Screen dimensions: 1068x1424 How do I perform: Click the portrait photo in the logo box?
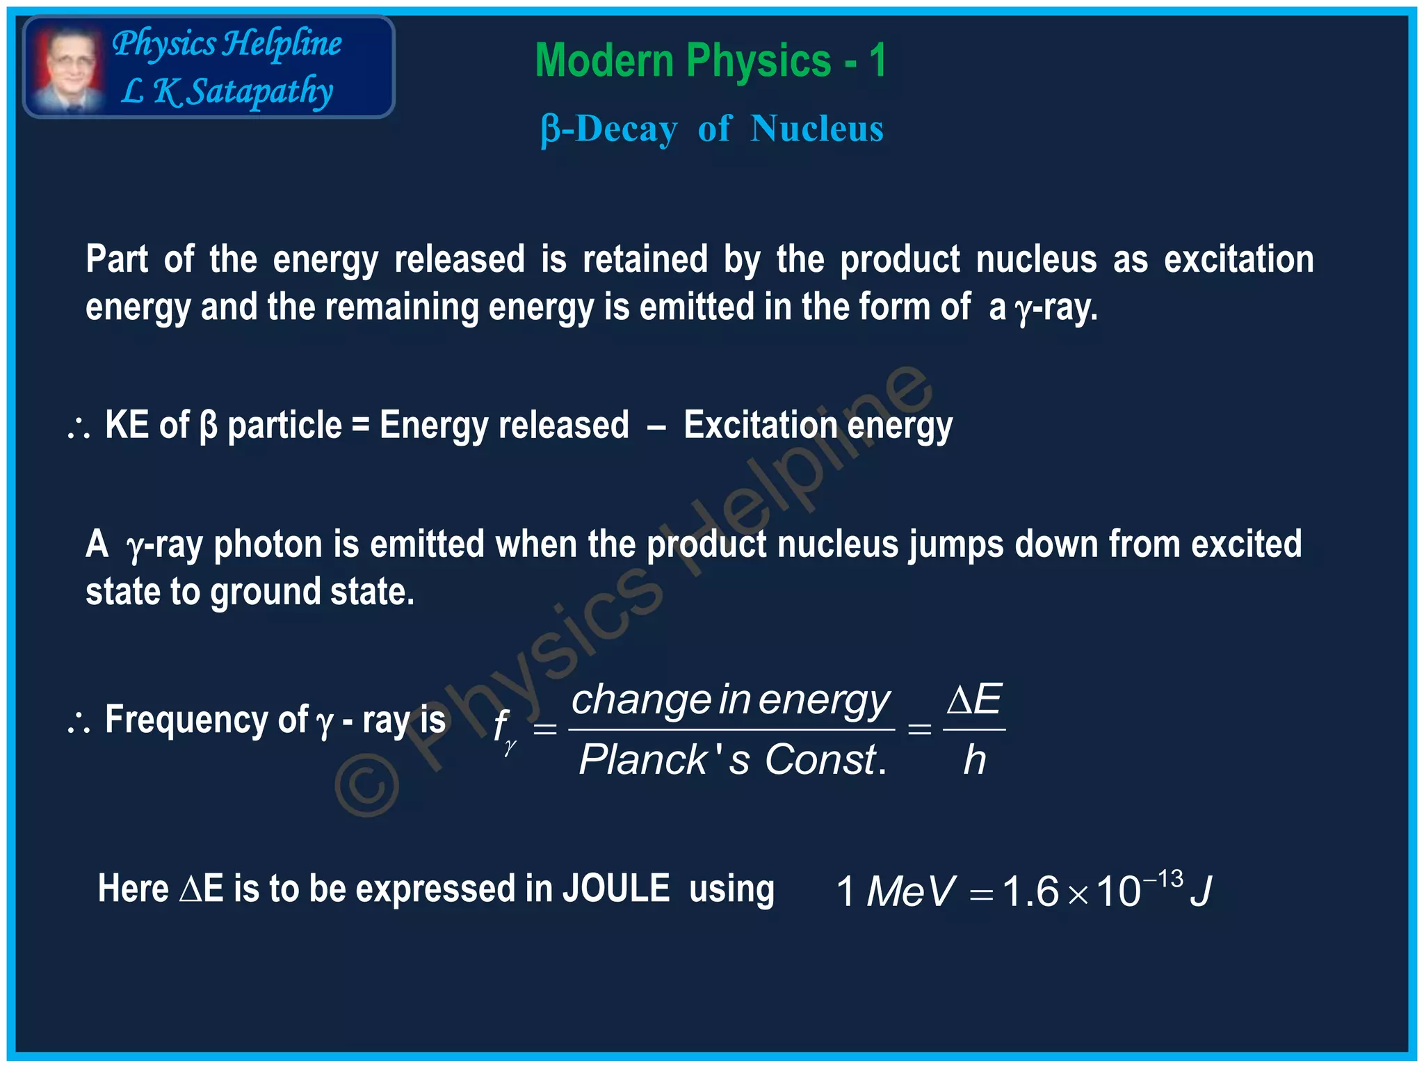point(67,68)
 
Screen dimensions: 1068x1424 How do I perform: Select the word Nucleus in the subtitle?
point(816,129)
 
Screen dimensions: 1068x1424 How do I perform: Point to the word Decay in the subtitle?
point(626,129)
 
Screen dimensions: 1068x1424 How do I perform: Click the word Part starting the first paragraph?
point(117,260)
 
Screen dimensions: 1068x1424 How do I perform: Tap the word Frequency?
point(185,720)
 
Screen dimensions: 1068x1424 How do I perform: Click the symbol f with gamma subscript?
point(502,730)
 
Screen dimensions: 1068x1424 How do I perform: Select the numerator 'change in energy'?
point(730,699)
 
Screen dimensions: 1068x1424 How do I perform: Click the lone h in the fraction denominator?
point(974,759)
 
